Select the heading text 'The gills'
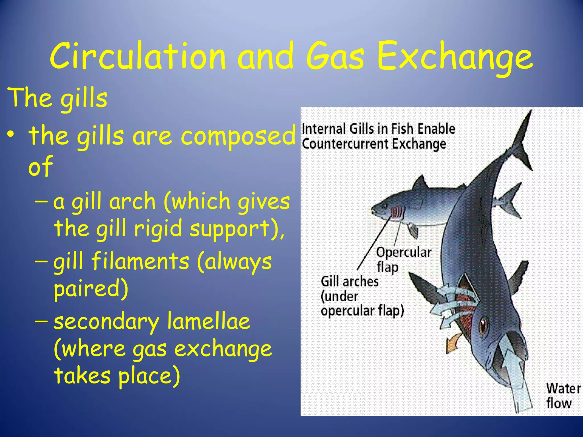pos(58,98)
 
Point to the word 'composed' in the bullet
pos(239,136)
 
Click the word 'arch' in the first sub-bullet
pos(132,201)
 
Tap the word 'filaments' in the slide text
pos(140,261)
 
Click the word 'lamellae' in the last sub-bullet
pos(208,321)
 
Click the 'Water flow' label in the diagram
pos(563,396)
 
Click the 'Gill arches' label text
pos(350,282)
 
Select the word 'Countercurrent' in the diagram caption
pos(346,144)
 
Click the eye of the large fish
pos(483,325)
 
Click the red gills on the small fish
pos(397,212)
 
